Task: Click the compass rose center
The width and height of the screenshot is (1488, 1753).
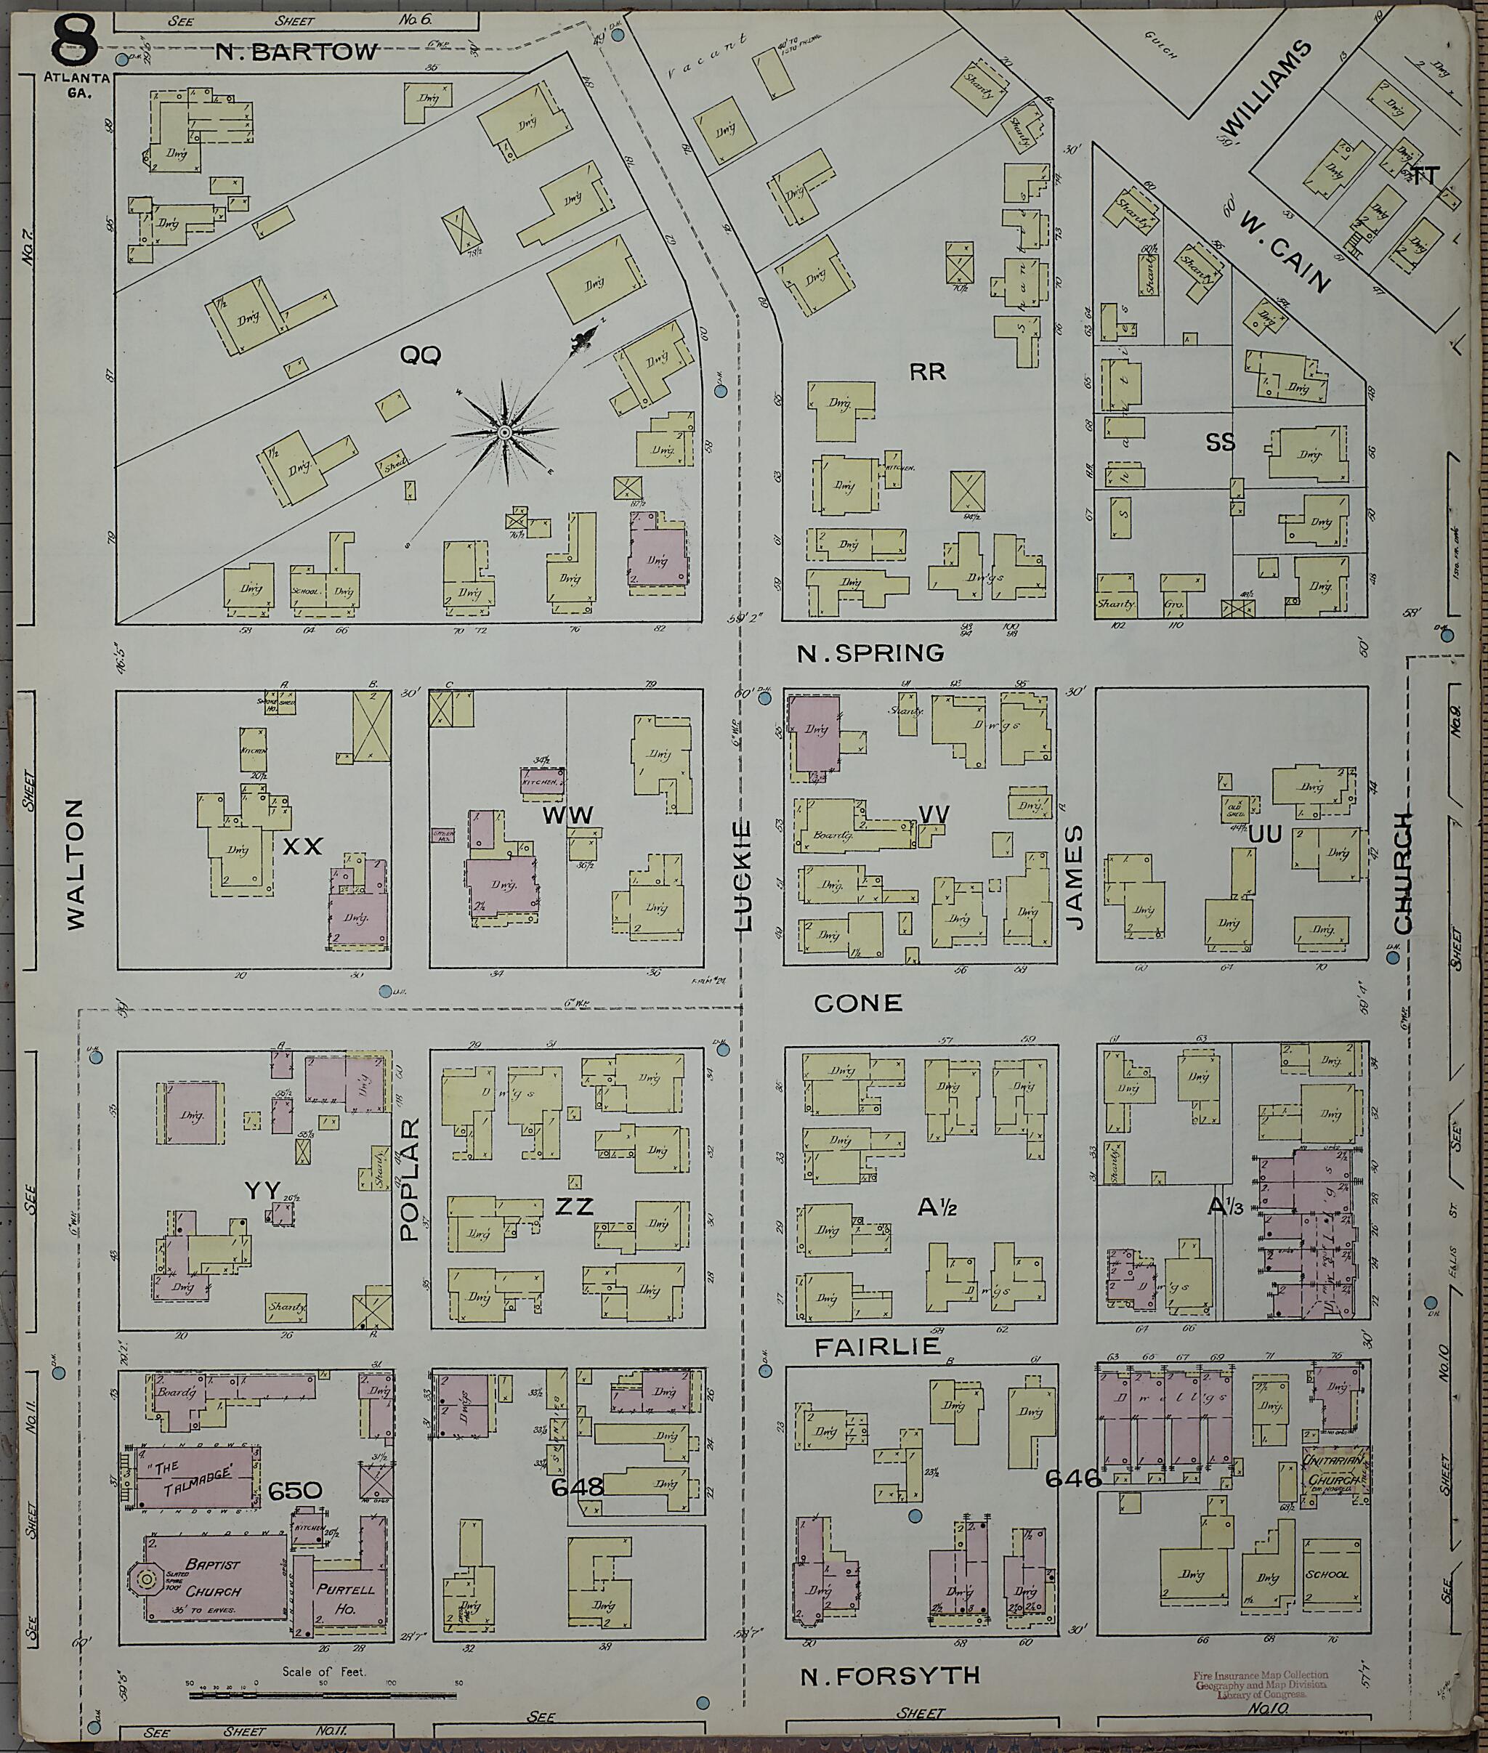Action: click(x=504, y=433)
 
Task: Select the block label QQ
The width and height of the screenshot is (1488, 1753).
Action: click(x=419, y=356)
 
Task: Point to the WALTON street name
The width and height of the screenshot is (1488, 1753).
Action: click(x=76, y=865)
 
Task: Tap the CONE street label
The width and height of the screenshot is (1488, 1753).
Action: click(x=858, y=1003)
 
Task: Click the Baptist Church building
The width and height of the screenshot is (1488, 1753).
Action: click(x=215, y=1576)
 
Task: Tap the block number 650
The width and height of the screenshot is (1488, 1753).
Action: click(x=294, y=1491)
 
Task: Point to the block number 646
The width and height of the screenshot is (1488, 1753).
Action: click(x=1073, y=1478)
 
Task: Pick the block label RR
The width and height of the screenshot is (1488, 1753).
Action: click(x=928, y=372)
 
